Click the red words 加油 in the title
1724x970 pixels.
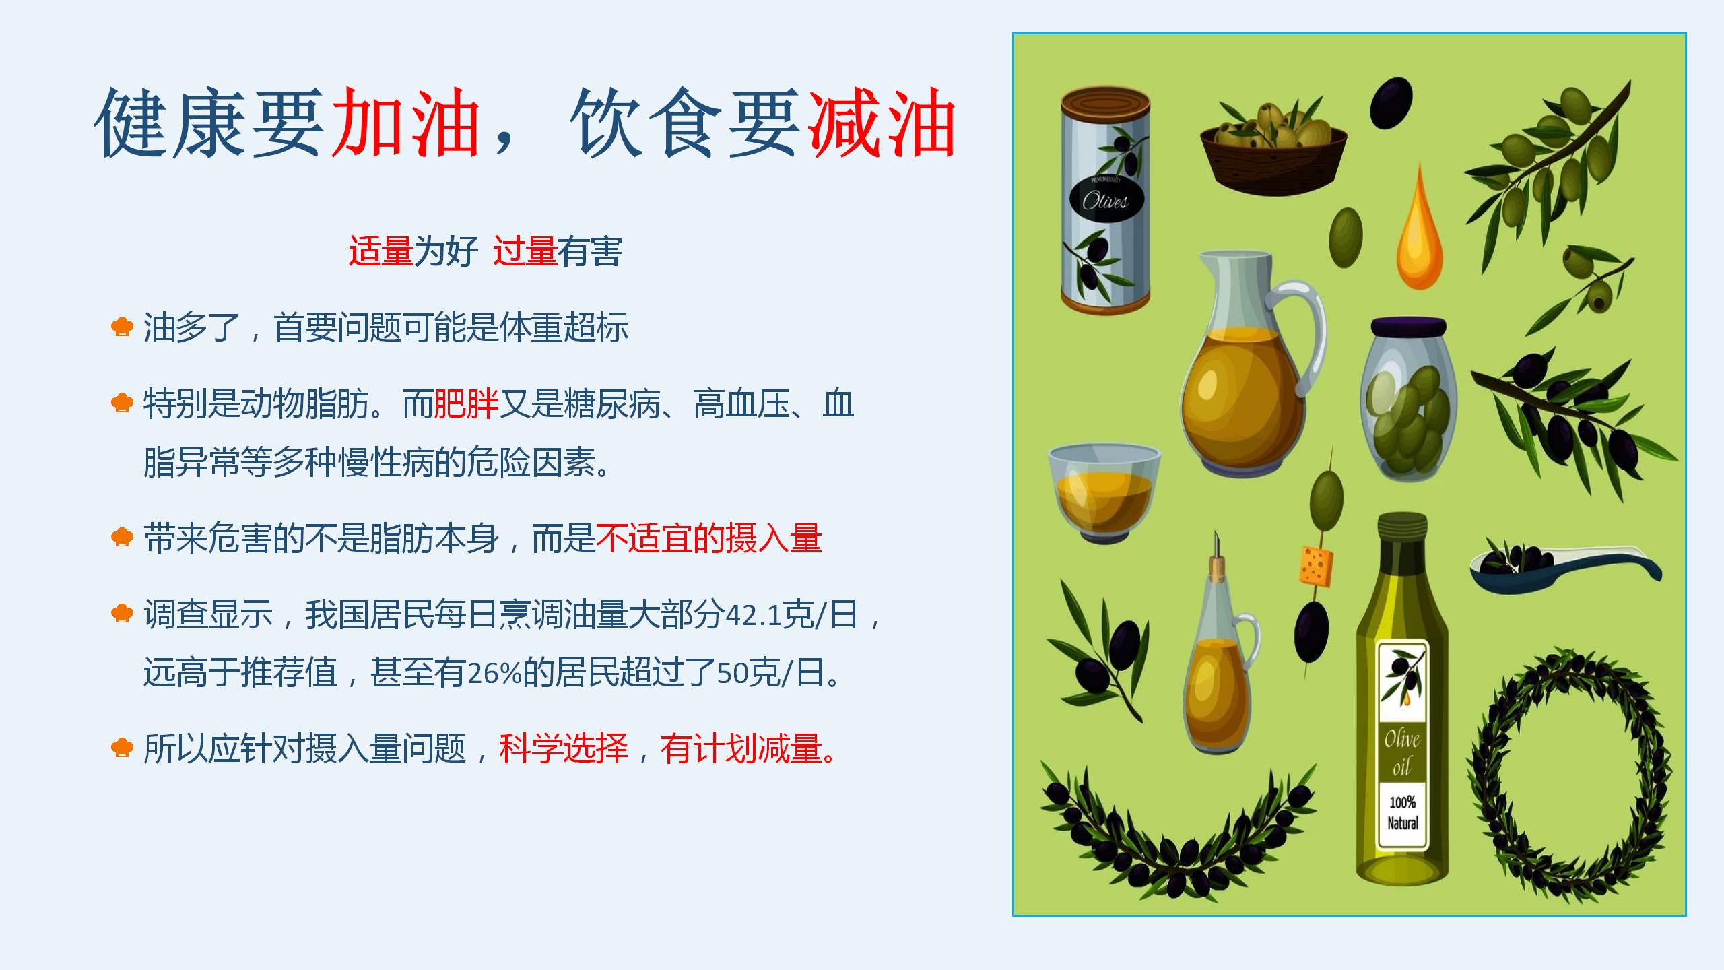click(406, 123)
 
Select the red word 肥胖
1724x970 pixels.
click(466, 404)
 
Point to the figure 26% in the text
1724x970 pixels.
click(494, 672)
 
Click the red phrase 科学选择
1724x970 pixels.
click(564, 748)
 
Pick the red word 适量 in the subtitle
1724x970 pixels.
click(380, 251)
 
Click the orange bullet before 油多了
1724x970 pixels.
click(122, 327)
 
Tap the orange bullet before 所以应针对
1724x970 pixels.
click(122, 748)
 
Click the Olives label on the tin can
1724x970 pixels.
click(1106, 200)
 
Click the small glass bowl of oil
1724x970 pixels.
click(1104, 492)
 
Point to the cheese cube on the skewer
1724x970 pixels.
click(1315, 567)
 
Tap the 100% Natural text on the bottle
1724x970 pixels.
click(1403, 812)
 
